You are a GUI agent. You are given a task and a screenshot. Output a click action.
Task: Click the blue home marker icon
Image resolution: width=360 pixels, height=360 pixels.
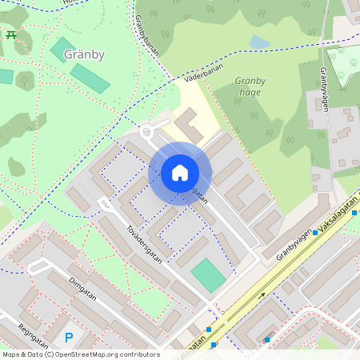click(x=180, y=173)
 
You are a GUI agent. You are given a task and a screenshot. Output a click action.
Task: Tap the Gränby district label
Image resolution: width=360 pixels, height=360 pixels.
click(x=84, y=55)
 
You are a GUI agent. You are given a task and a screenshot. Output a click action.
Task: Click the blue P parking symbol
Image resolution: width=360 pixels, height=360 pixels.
click(x=69, y=338)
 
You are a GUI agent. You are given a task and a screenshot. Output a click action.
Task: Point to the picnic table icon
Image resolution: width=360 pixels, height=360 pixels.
click(x=11, y=35)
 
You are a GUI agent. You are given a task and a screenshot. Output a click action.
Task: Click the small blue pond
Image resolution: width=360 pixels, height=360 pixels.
click(x=259, y=42)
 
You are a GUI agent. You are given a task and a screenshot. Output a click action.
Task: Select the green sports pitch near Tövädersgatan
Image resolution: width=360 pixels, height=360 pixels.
click(x=208, y=275)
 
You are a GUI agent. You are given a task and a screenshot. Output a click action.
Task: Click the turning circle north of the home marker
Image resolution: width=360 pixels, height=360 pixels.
click(x=146, y=131)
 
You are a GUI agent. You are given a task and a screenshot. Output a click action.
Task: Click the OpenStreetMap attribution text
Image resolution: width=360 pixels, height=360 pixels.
click(x=80, y=354)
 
